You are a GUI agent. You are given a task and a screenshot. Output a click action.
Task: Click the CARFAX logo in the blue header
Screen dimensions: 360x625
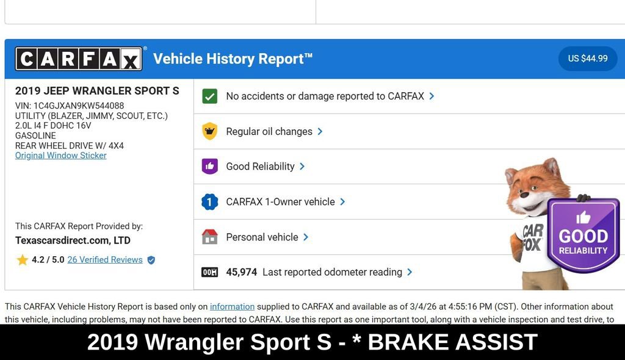pyautogui.click(x=79, y=59)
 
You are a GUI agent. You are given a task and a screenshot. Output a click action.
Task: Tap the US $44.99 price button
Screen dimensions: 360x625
pyautogui.click(x=588, y=59)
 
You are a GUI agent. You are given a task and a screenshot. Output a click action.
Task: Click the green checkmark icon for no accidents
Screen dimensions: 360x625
pyautogui.click(x=210, y=96)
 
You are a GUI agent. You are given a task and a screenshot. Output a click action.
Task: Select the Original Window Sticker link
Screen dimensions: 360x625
pyautogui.click(x=61, y=156)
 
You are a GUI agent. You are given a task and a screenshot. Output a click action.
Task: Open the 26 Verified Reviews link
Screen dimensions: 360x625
pyautogui.click(x=105, y=260)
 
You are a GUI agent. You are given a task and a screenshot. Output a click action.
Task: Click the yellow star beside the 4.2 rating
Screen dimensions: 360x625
pyautogui.click(x=23, y=260)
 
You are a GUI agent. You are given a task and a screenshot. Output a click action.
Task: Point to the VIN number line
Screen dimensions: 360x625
pyautogui.click(x=70, y=106)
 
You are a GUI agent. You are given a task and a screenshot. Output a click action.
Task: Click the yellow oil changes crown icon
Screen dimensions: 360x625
pyautogui.click(x=210, y=131)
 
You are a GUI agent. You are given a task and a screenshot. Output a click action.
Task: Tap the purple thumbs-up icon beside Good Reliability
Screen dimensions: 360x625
pyautogui.click(x=210, y=167)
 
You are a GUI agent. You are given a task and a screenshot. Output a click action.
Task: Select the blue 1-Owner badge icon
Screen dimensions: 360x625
pyautogui.click(x=210, y=202)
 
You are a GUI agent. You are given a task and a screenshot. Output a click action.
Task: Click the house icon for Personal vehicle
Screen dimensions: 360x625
pyautogui.click(x=210, y=237)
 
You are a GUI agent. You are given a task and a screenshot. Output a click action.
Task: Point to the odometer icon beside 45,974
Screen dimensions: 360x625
pyautogui.click(x=210, y=272)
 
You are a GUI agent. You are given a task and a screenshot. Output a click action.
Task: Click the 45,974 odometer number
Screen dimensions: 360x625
pyautogui.click(x=242, y=272)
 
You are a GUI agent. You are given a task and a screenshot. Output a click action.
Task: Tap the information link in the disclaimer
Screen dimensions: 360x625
pyautogui.click(x=232, y=307)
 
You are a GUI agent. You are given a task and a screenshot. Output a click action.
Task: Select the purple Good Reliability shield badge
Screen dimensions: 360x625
pyautogui.click(x=583, y=235)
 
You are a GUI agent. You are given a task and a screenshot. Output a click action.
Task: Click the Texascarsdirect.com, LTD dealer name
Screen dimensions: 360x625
pyautogui.click(x=73, y=240)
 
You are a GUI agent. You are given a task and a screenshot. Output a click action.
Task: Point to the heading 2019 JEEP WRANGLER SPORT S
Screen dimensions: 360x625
pyautogui.click(x=97, y=91)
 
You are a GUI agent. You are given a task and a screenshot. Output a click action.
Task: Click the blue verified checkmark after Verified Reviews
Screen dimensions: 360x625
pyautogui.click(x=151, y=260)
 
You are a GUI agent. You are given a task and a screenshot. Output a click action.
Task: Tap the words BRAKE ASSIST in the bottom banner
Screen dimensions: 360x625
pyautogui.click(x=452, y=342)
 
